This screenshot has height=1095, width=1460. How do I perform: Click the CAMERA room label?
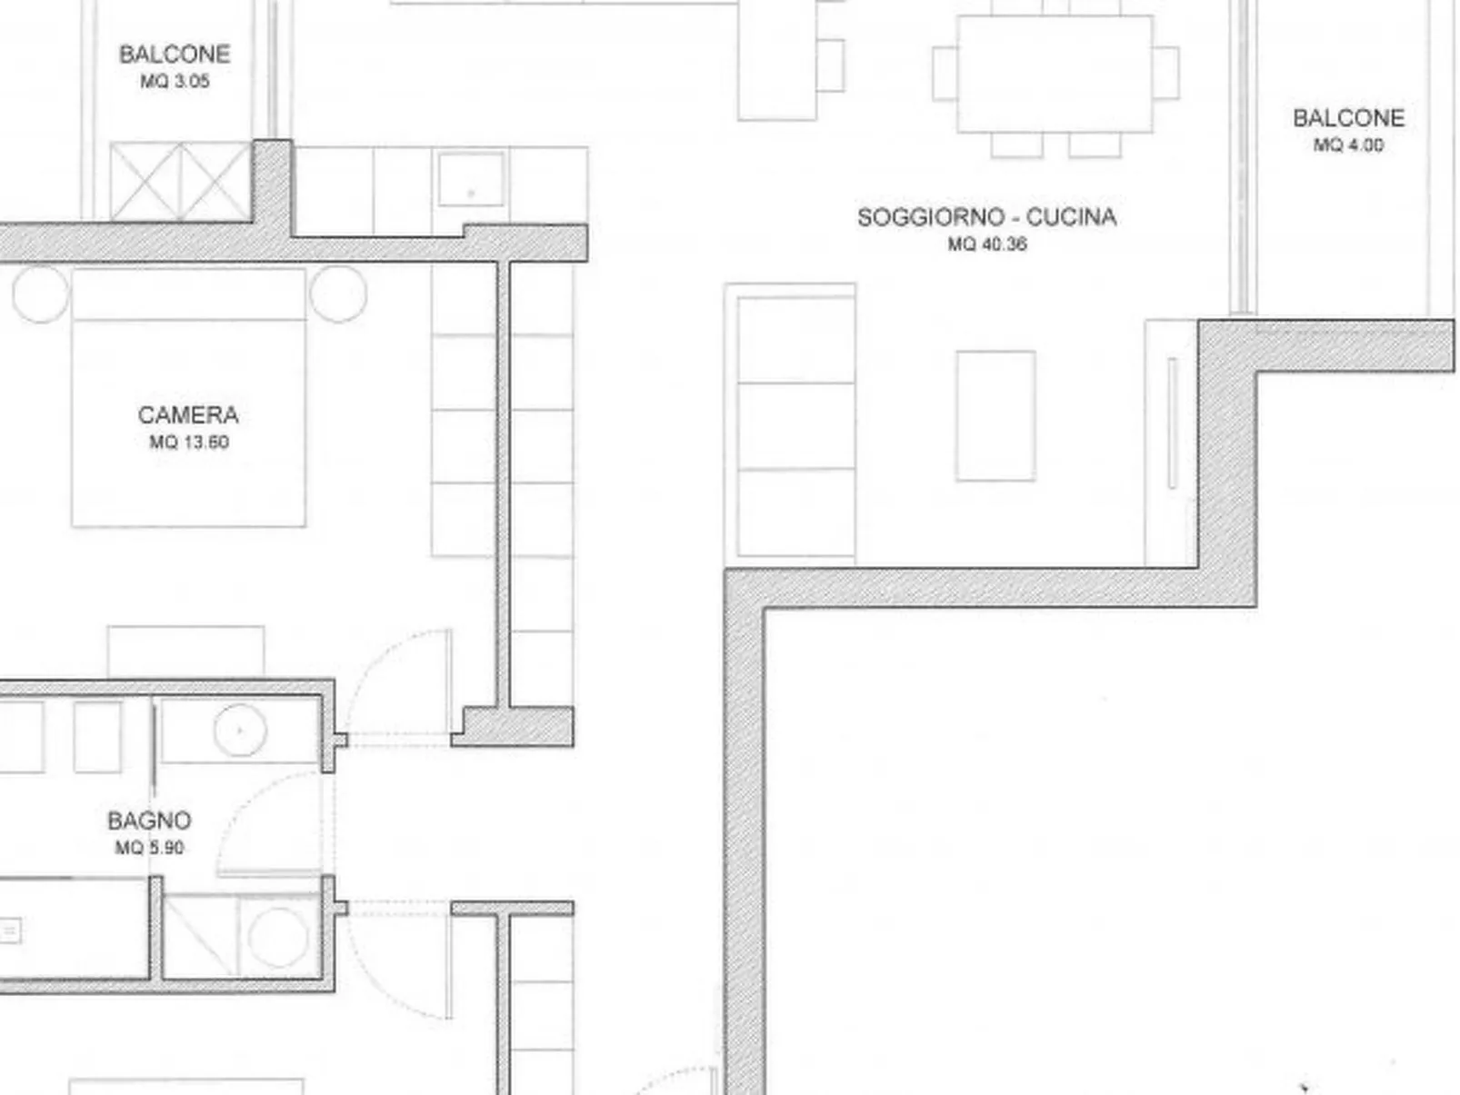(x=188, y=415)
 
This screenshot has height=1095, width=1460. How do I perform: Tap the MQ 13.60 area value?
(x=190, y=443)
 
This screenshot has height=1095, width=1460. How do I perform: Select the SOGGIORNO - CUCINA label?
(x=987, y=217)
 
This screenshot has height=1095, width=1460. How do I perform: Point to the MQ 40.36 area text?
(x=988, y=244)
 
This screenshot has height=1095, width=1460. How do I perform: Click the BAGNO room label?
(x=150, y=821)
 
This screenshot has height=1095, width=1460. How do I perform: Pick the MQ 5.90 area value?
(x=150, y=848)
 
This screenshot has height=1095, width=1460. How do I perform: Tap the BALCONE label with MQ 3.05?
(x=175, y=55)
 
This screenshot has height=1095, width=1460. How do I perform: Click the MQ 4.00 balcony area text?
(x=1349, y=144)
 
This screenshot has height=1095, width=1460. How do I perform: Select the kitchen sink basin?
(x=471, y=179)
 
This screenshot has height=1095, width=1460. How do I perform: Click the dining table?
(x=1055, y=74)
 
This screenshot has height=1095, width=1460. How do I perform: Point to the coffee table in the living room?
(x=995, y=415)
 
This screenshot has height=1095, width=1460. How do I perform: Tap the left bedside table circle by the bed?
(x=41, y=294)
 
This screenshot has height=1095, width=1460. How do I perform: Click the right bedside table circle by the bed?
(x=338, y=294)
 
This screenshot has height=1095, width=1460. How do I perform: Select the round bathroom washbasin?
(x=240, y=730)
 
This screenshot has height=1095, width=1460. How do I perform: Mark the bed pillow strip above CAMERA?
(x=189, y=294)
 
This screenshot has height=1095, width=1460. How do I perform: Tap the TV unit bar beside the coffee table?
(x=1172, y=423)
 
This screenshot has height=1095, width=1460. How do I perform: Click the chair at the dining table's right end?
(x=1166, y=73)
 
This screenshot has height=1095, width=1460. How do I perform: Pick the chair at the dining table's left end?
(x=945, y=73)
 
